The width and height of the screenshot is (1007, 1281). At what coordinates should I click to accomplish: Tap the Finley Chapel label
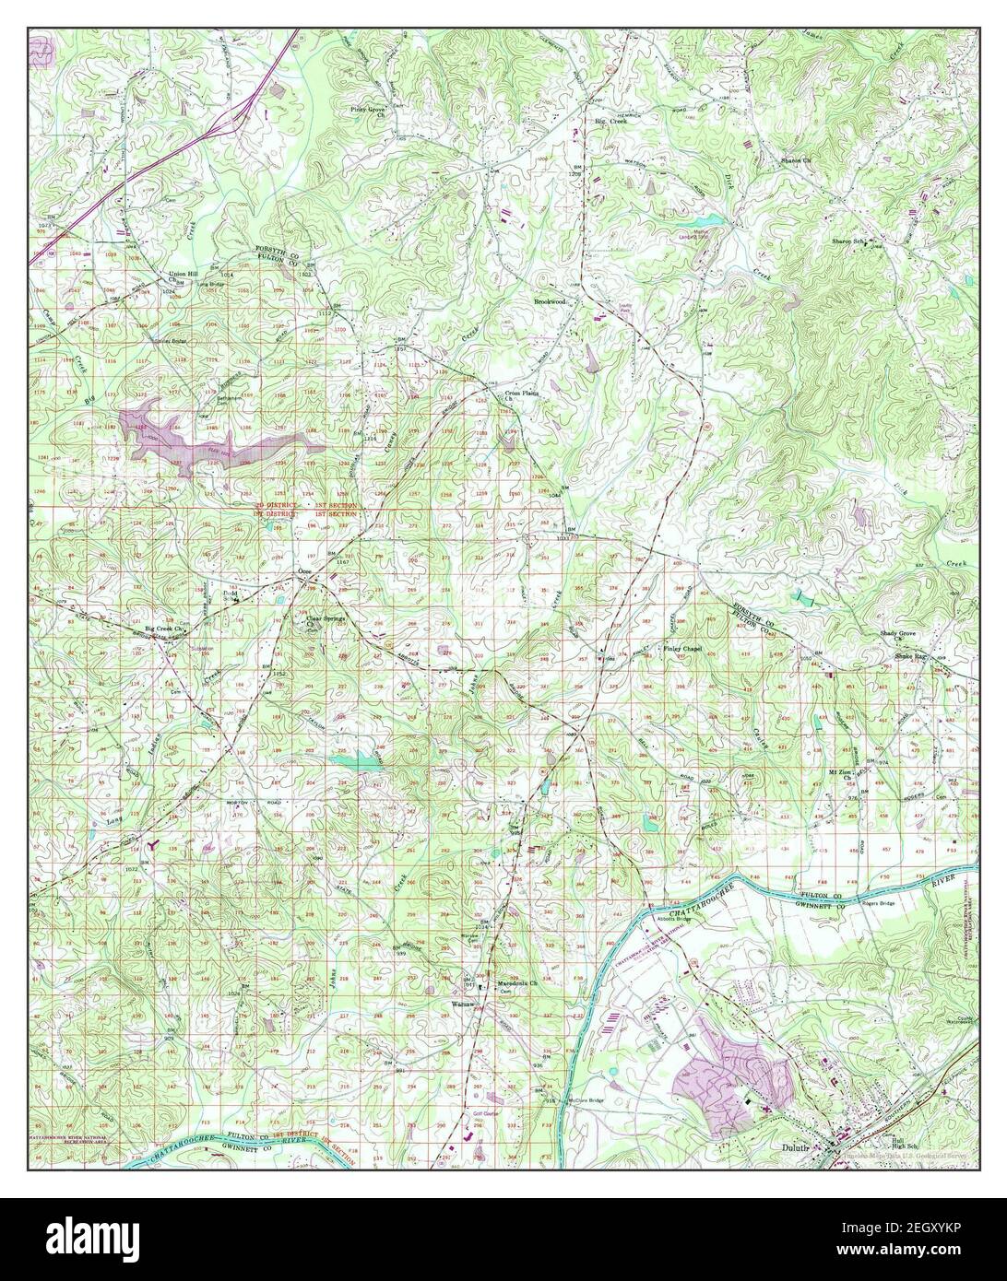pyautogui.click(x=683, y=649)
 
